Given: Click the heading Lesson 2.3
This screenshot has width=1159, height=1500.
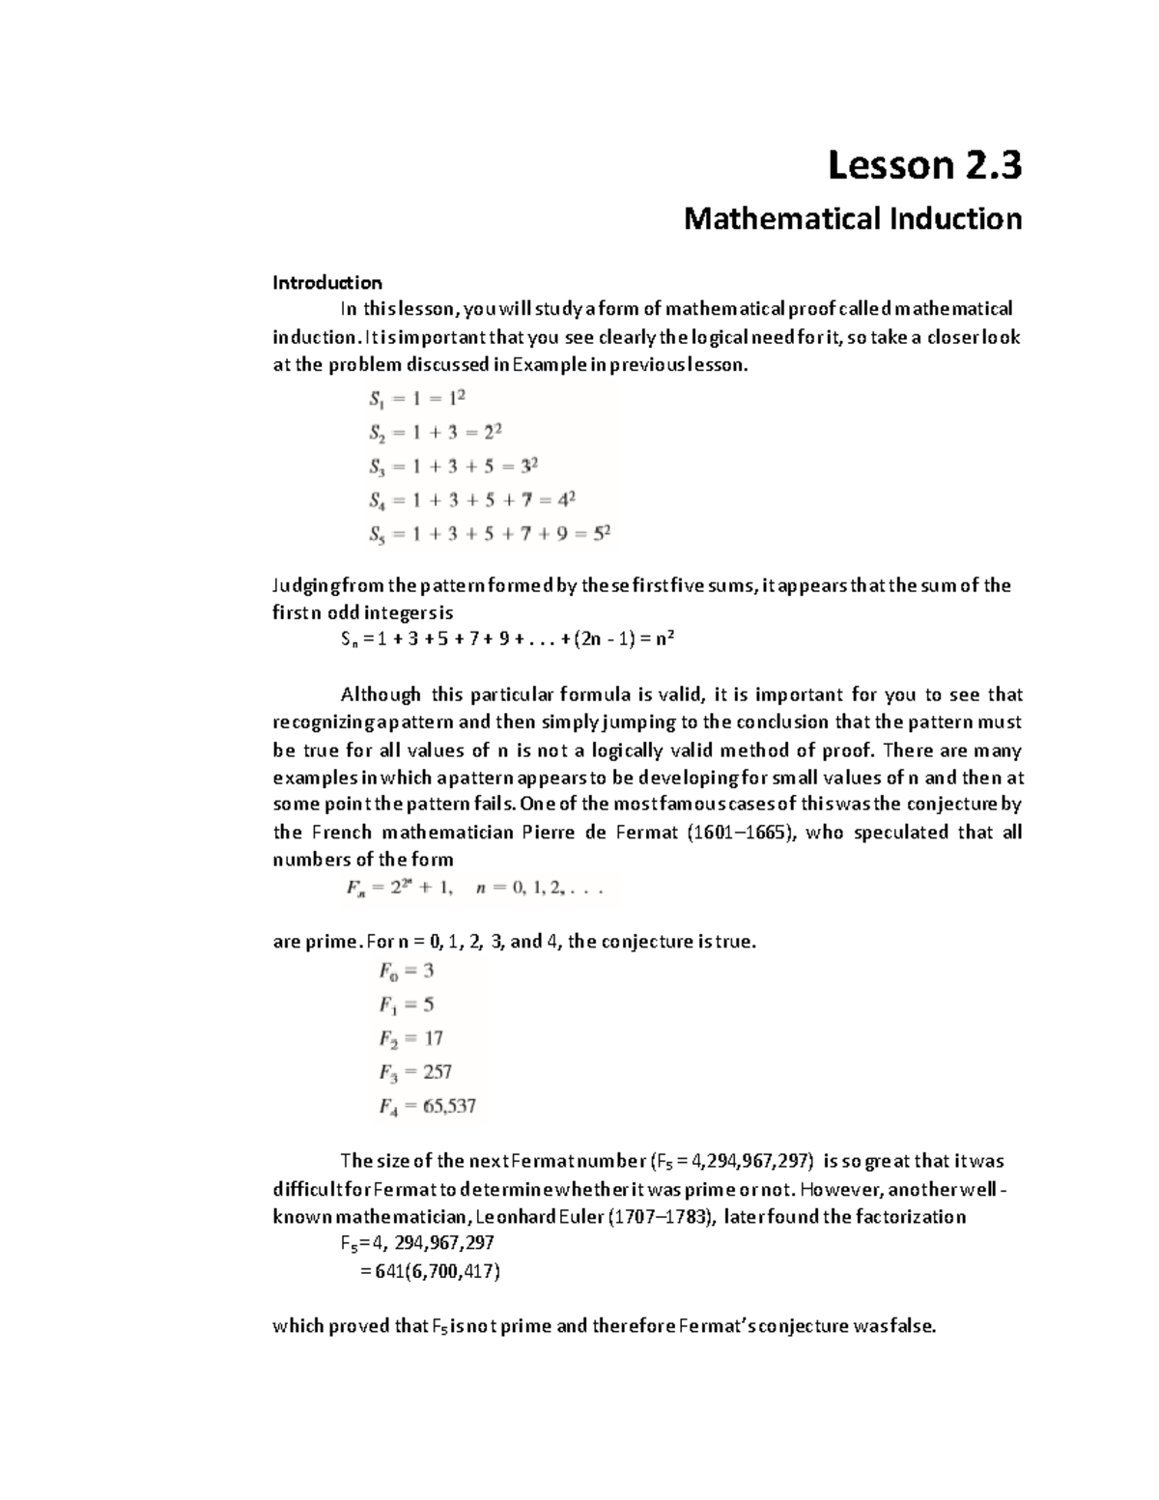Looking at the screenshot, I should [924, 167].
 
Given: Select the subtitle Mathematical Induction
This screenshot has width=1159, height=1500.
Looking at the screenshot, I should [852, 219].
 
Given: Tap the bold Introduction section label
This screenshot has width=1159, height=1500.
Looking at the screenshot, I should [326, 283].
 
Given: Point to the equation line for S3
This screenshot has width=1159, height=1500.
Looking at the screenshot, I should [452, 467].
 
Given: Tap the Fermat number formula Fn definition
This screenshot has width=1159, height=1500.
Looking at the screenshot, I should [474, 889].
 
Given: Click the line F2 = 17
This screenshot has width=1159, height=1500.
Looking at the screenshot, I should [410, 1038].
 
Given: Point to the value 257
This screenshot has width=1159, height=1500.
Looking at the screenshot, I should [437, 1072].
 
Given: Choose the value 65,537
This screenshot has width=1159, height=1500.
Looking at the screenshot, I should [449, 1106].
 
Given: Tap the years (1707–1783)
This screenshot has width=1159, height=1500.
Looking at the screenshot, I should [662, 1216].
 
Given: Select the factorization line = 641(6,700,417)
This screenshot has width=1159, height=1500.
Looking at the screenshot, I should [429, 1271].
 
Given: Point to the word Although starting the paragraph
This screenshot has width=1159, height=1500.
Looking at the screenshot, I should [381, 694].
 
